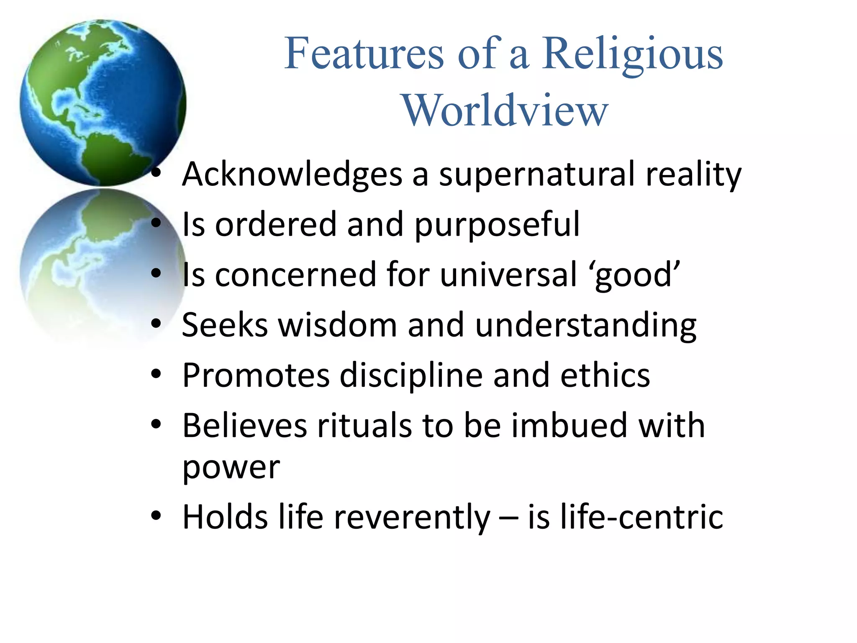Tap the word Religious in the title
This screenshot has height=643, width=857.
coord(632,54)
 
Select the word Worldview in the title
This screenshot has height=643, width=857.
coord(505,110)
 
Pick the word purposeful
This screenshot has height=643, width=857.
coord(497,225)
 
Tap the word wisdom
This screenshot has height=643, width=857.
coord(337,325)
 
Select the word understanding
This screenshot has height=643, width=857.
coord(586,326)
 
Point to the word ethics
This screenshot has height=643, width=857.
coord(605,375)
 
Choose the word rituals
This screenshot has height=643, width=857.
coord(364,425)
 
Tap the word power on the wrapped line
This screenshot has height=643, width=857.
coord(231,468)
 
